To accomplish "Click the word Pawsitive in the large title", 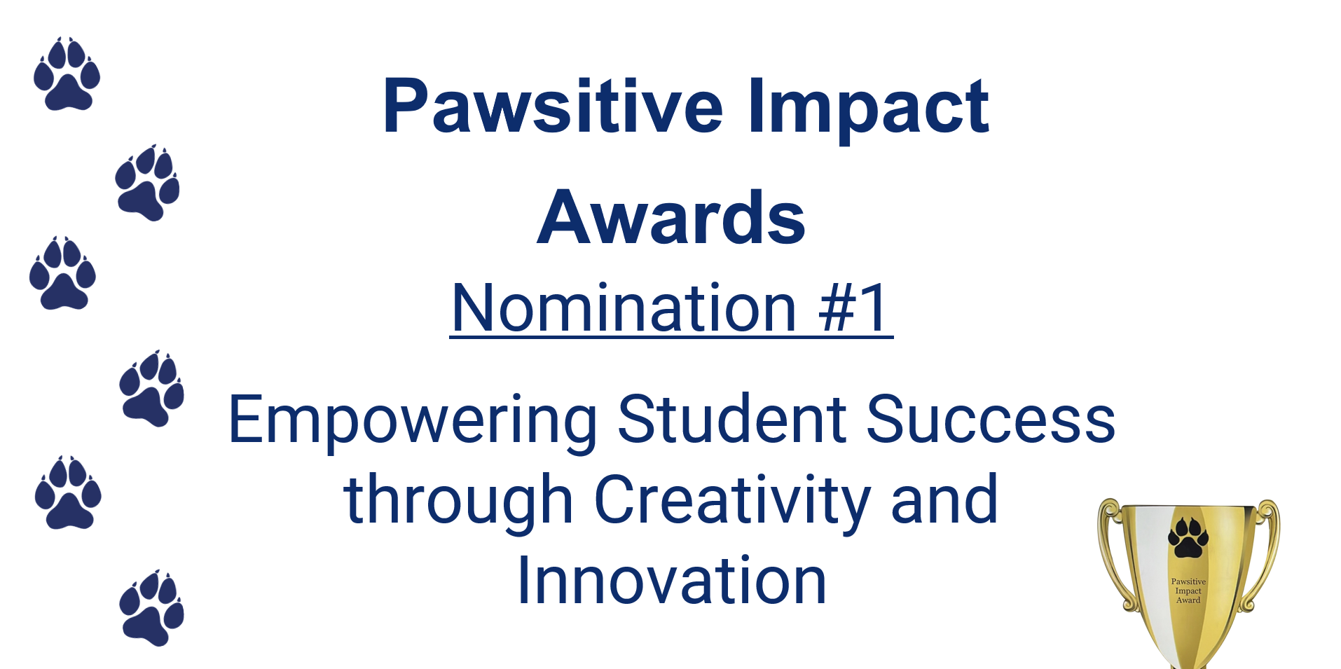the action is tap(553, 106).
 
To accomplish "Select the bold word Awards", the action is tap(671, 218).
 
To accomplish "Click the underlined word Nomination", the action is tap(624, 308).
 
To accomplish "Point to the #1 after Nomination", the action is tap(854, 308).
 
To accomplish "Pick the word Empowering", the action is tap(413, 421).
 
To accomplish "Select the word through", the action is tap(458, 501).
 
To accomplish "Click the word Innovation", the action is tap(671, 580).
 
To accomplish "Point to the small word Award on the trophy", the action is tap(1188, 600).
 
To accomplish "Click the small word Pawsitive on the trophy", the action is tap(1188, 581).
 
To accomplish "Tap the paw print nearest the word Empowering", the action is tap(151, 389).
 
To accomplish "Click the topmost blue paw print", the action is tap(67, 74).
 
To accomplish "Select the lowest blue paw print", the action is tap(151, 608).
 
